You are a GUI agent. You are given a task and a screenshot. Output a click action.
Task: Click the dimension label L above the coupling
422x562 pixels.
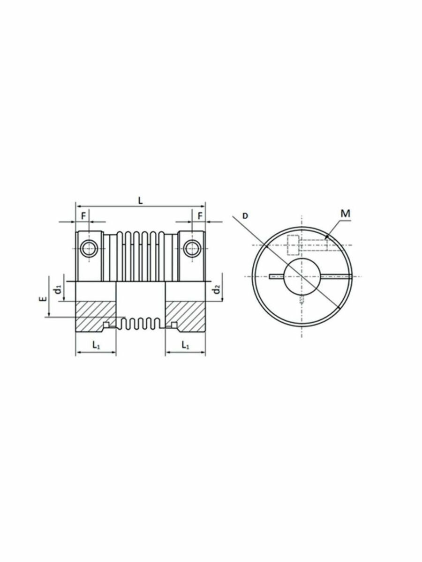(141, 200)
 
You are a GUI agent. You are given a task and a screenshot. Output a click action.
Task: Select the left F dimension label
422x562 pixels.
(83, 216)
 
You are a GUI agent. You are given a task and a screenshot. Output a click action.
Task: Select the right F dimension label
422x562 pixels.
(200, 216)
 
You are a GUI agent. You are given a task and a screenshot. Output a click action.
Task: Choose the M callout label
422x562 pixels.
(346, 214)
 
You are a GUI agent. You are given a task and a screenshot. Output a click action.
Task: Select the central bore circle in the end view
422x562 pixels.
(301, 277)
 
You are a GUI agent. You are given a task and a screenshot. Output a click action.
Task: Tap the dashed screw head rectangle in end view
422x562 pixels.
(293, 244)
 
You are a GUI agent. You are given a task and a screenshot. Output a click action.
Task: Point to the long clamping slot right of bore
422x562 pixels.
(336, 277)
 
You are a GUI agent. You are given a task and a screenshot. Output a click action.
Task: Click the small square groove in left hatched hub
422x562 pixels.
(106, 325)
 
